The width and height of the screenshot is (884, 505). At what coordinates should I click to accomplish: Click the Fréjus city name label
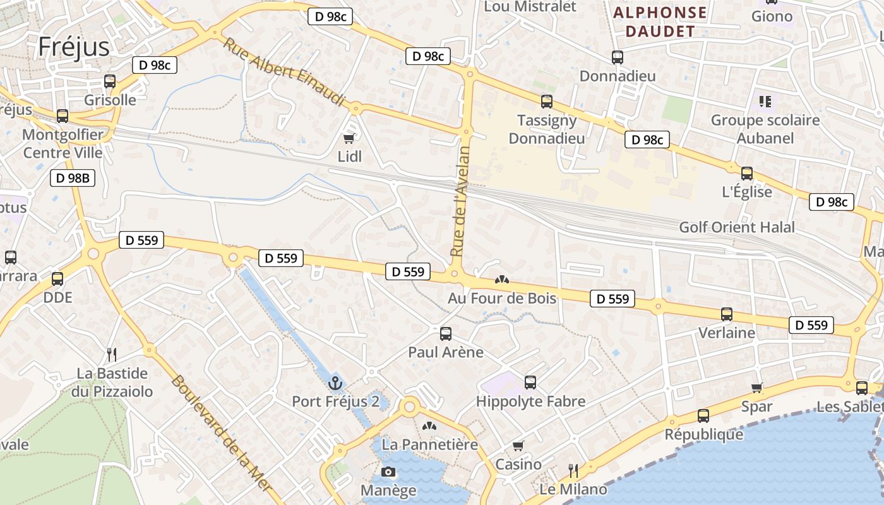coord(73,47)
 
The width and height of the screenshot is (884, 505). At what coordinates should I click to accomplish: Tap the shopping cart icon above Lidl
coord(349,138)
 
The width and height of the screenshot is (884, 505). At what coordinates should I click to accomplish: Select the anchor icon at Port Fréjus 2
coord(335,383)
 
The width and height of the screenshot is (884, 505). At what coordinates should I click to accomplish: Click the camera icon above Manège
coord(388,472)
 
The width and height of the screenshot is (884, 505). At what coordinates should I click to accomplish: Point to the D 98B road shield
coord(73,178)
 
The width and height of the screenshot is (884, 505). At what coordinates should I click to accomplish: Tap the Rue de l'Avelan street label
coord(461,201)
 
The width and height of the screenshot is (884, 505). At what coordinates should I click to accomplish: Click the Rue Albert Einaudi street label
coord(284,71)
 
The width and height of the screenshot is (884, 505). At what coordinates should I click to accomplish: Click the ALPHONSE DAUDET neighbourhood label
coord(660,22)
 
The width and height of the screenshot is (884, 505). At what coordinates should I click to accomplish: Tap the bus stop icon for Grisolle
coord(110,81)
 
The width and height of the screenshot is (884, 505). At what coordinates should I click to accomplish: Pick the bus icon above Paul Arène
coord(446,334)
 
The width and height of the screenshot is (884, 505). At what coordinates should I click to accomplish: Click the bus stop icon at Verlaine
coord(727,314)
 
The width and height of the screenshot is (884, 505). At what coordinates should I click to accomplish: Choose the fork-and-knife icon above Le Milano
coord(573,470)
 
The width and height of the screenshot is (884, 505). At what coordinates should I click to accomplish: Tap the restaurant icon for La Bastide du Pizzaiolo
coord(112,354)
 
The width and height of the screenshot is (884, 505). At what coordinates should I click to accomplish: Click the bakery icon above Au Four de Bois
coord(502,279)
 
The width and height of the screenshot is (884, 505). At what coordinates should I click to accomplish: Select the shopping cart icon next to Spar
coord(757,388)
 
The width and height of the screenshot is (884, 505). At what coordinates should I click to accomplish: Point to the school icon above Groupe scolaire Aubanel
coord(765,101)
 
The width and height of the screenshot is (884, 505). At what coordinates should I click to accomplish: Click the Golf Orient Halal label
coord(737,227)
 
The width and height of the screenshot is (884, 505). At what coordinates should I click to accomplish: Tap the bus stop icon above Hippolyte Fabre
coord(530,382)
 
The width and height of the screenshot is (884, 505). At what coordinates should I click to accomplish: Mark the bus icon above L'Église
coord(747,174)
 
